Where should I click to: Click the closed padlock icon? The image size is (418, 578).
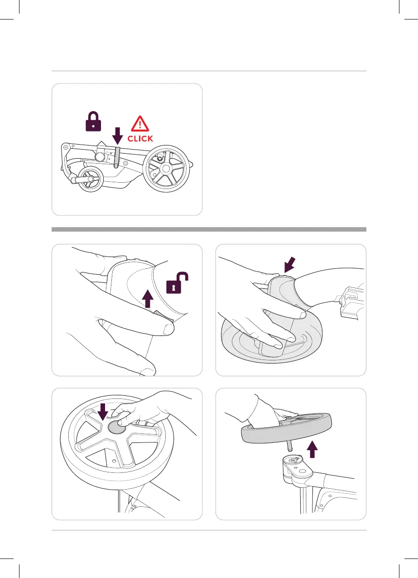pyautogui.click(x=93, y=121)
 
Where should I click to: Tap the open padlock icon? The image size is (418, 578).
pyautogui.click(x=177, y=283)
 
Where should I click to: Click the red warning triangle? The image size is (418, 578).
pyautogui.click(x=139, y=123)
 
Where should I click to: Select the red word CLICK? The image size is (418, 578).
pyautogui.click(x=140, y=139)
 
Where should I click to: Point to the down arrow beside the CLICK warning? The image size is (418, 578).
pyautogui.click(x=117, y=136)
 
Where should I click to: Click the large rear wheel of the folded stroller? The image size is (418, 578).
pyautogui.click(x=166, y=169)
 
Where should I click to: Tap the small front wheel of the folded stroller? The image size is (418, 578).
pyautogui.click(x=90, y=179)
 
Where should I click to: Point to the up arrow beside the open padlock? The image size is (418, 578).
pyautogui.click(x=148, y=299)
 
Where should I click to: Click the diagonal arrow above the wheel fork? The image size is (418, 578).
pyautogui.click(x=290, y=264)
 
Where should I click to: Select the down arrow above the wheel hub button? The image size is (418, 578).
pyautogui.click(x=103, y=412)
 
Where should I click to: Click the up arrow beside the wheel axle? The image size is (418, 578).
pyautogui.click(x=312, y=449)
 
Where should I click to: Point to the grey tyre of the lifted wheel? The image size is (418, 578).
pyautogui.click(x=286, y=428)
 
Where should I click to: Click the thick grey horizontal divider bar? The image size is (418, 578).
pyautogui.click(x=209, y=229)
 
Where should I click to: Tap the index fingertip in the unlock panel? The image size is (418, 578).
pyautogui.click(x=169, y=329)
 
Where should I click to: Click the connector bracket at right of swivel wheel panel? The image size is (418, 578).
pyautogui.click(x=351, y=301)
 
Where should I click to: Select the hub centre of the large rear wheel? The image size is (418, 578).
pyautogui.click(x=166, y=169)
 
